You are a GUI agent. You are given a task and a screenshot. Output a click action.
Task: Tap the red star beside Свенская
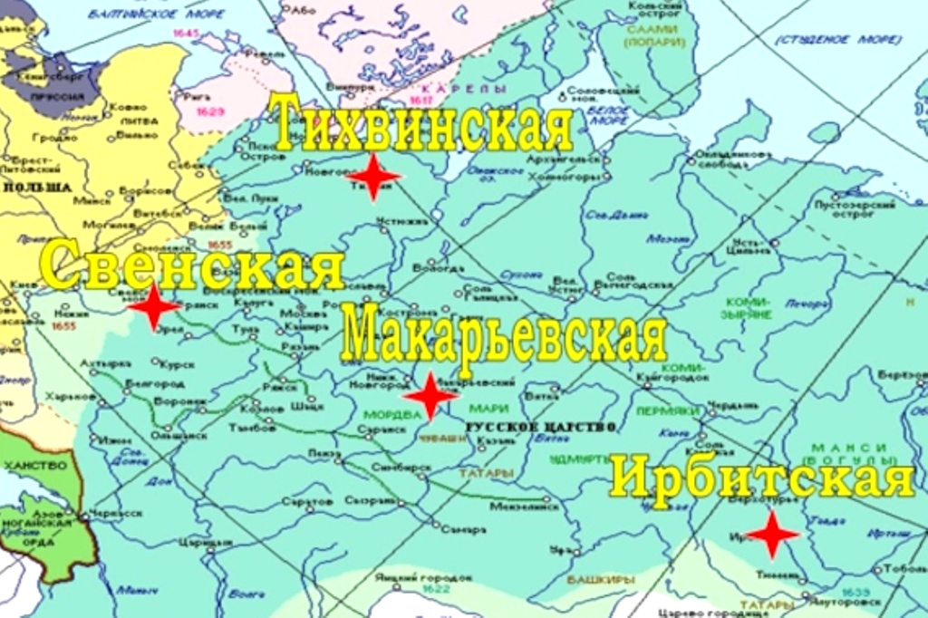tap(154, 307)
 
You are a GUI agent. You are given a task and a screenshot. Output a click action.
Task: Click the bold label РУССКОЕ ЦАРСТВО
tap(540, 426)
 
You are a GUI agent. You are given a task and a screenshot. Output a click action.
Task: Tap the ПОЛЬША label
tap(36, 187)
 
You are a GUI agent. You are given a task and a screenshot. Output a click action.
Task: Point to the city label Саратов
tap(302, 500)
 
